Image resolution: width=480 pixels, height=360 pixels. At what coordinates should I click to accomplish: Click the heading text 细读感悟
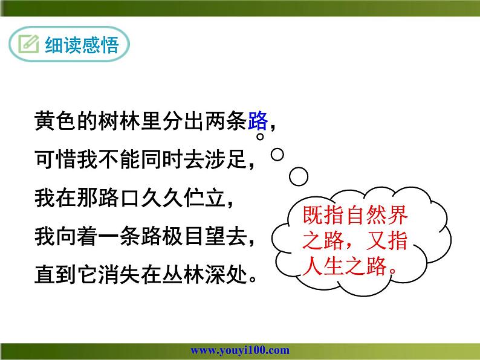(82, 45)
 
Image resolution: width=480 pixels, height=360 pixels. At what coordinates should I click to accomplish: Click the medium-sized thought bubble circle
(277, 155)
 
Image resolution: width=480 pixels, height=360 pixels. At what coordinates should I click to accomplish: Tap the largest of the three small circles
(299, 176)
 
